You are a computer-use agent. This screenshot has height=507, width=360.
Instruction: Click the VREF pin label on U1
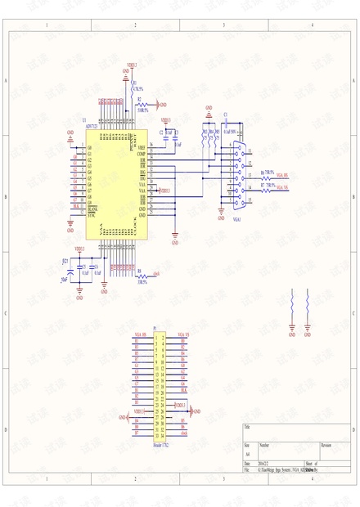click(x=142, y=148)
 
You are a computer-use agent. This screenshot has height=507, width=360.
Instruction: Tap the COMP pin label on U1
click(x=142, y=154)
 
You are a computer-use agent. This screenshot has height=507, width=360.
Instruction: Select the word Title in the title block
click(x=248, y=427)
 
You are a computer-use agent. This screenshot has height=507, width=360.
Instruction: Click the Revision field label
click(x=326, y=446)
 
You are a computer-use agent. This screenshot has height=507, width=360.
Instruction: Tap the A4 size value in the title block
click(x=248, y=453)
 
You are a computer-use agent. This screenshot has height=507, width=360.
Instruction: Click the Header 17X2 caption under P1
click(x=160, y=446)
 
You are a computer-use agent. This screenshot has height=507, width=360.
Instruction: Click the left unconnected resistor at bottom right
click(x=292, y=304)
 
